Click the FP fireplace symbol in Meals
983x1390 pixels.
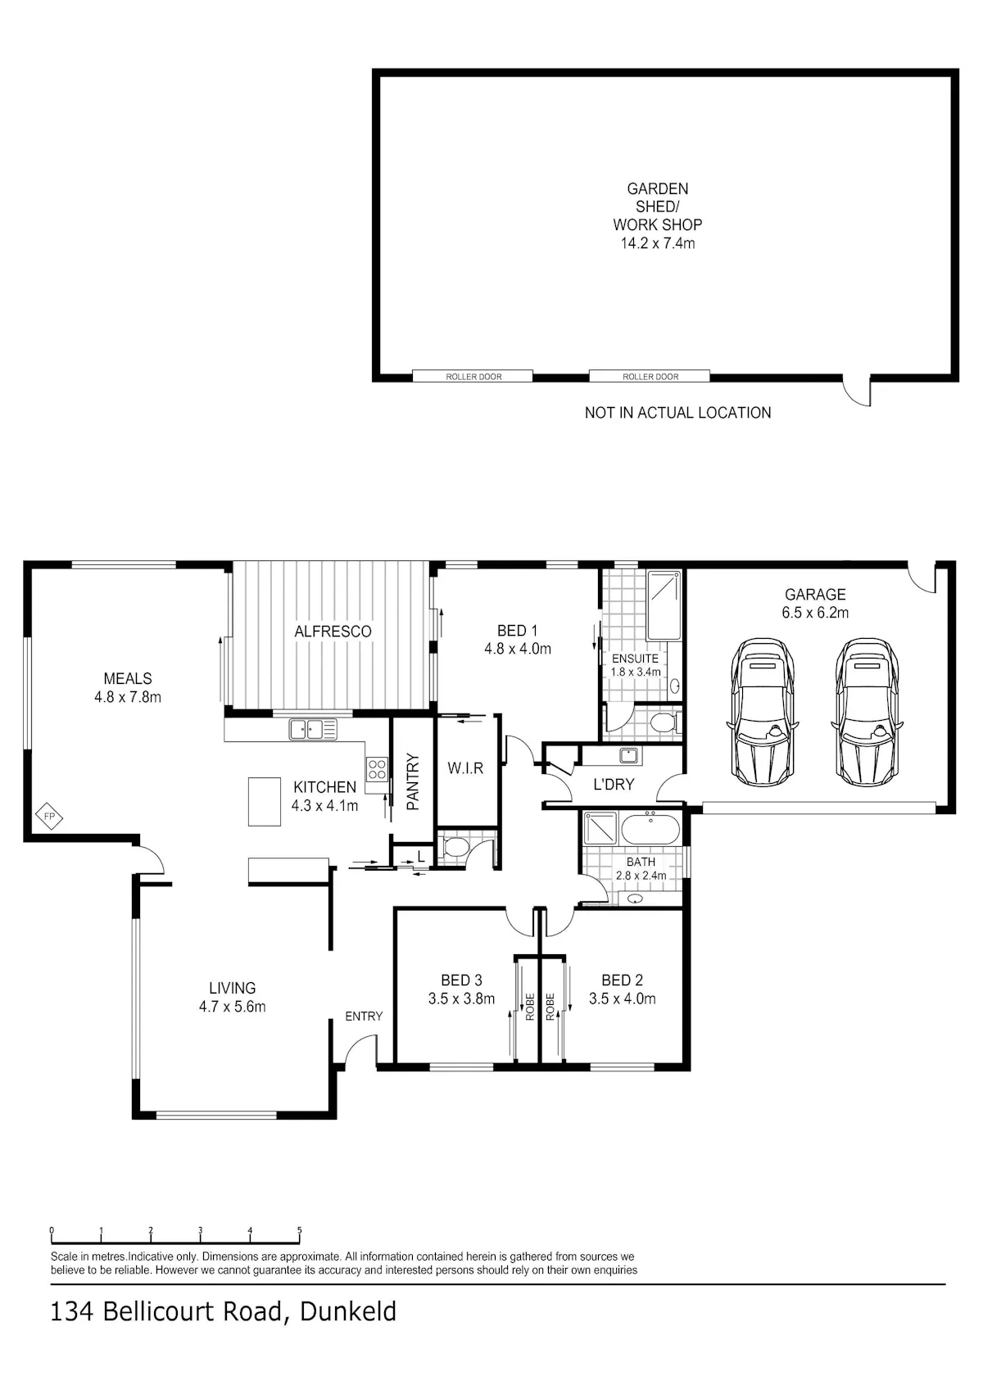point(49,817)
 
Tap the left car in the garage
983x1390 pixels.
point(763,711)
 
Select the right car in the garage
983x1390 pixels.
point(867,711)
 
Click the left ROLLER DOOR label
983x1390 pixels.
point(473,377)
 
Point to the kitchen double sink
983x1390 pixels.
point(313,729)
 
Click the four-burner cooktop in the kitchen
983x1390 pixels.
point(378,769)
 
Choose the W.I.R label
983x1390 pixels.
point(465,768)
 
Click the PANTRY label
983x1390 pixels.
point(413,782)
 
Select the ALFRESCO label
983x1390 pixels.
point(333,632)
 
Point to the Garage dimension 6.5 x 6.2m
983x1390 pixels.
point(815,613)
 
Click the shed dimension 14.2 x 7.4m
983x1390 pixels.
point(658,243)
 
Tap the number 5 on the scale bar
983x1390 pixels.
point(300,1230)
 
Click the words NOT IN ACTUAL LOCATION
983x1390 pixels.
point(677,413)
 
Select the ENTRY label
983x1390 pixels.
point(364,1016)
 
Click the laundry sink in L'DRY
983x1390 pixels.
point(629,755)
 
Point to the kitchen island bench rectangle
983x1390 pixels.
point(265,802)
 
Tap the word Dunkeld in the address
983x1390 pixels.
point(347,1312)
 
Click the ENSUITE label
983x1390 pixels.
point(635,659)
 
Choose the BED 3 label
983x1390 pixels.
point(461,980)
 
